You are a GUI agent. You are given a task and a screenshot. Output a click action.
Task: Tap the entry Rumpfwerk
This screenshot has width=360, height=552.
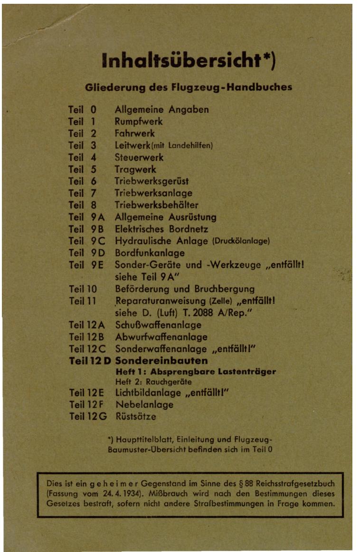click(x=139, y=122)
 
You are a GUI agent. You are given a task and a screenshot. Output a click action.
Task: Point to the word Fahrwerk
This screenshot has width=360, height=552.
click(x=135, y=133)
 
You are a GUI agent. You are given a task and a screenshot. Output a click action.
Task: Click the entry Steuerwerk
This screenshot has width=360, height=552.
click(x=139, y=157)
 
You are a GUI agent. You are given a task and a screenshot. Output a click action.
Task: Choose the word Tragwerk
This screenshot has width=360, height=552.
click(x=135, y=169)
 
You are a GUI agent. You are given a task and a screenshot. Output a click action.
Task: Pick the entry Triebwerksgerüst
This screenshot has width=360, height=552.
click(x=152, y=181)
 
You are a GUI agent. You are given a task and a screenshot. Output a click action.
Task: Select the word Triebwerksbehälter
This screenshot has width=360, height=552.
click(x=157, y=205)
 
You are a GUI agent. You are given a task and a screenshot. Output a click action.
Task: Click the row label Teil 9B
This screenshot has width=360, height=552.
click(x=86, y=229)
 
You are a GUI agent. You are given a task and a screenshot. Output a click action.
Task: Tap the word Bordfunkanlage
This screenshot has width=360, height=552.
click(x=150, y=253)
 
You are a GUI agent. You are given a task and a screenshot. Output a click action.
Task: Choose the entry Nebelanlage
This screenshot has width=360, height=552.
click(x=145, y=405)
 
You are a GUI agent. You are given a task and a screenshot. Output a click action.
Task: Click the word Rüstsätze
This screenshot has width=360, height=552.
click(x=136, y=417)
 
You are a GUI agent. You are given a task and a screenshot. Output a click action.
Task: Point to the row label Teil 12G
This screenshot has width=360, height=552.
click(x=88, y=417)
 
